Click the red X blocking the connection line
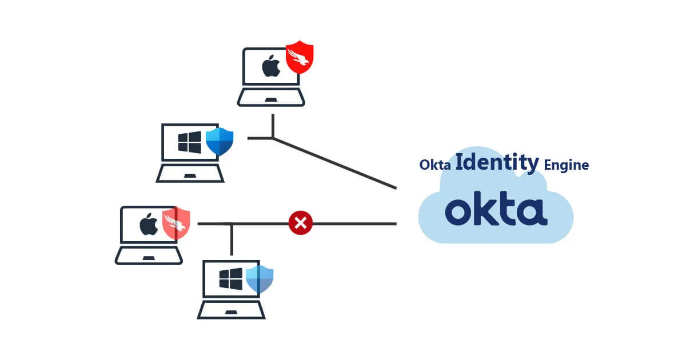pyautogui.click(x=301, y=223)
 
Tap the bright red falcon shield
pyautogui.click(x=300, y=58)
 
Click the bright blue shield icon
pyautogui.click(x=220, y=141)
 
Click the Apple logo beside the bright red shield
pyautogui.click(x=271, y=66)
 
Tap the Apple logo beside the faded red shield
pyautogui.click(x=149, y=225)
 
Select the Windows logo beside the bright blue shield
pyautogui.click(x=189, y=142)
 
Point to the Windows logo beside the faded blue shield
pyautogui.click(x=231, y=279)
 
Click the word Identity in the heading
pyautogui.click(x=497, y=163)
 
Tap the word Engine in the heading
pyautogui.click(x=566, y=166)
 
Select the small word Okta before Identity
pyautogui.click(x=436, y=166)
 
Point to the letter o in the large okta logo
pyautogui.click(x=458, y=212)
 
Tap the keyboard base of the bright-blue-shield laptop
pyautogui.click(x=190, y=174)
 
